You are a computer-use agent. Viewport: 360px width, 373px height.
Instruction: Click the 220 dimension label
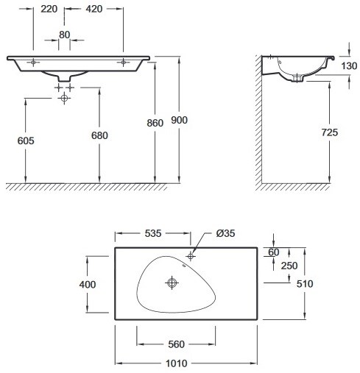click(x=49, y=9)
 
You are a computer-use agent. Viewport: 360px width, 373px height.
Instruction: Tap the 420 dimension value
click(x=94, y=9)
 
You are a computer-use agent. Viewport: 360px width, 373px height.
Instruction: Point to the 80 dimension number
click(x=64, y=35)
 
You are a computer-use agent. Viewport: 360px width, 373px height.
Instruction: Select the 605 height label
click(x=26, y=141)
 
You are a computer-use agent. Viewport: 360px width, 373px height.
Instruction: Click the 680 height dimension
click(x=99, y=135)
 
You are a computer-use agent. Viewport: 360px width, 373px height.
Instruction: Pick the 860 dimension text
click(x=155, y=123)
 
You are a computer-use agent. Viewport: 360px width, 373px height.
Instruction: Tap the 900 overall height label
click(x=179, y=120)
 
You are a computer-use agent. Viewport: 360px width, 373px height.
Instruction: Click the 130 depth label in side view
click(x=349, y=65)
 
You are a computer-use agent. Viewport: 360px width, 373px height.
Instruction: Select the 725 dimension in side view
click(x=330, y=132)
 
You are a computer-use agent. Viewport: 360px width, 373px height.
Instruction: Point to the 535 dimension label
click(x=153, y=233)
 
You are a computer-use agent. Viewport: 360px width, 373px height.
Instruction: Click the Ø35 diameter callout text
click(x=225, y=233)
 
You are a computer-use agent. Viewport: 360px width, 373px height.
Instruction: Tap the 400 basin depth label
click(x=88, y=285)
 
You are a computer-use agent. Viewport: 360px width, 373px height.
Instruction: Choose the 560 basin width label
click(x=177, y=344)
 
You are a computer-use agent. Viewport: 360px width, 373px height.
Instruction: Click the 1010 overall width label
click(x=177, y=363)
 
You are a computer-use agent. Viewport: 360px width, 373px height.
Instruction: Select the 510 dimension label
click(x=305, y=284)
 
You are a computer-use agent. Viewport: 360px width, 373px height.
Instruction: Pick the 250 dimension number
click(x=289, y=266)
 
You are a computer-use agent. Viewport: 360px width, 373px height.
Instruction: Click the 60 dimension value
click(x=274, y=252)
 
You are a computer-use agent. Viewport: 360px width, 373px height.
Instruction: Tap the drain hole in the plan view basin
click(x=172, y=283)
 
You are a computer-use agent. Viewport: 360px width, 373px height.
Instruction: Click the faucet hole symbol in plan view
click(x=191, y=257)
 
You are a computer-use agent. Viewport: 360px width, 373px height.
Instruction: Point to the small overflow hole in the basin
click(x=184, y=266)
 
